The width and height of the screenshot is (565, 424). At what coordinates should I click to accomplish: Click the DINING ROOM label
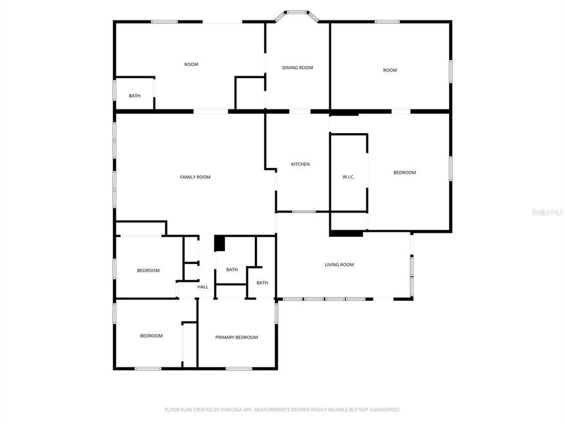[x=297, y=68]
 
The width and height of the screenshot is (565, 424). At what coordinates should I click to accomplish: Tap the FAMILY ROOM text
[x=195, y=177]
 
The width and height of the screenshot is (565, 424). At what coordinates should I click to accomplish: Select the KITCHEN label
[x=300, y=164]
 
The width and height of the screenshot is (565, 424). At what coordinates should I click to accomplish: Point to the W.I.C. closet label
[x=348, y=177]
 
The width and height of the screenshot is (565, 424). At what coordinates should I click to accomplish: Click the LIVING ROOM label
[x=339, y=265]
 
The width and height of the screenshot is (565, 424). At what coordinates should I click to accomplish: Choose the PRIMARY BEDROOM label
[x=236, y=337]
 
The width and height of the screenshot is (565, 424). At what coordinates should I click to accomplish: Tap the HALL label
[x=202, y=287]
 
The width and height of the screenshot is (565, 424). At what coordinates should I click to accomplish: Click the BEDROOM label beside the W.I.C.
[x=404, y=173]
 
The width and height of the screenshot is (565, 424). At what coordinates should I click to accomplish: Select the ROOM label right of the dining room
[x=390, y=70]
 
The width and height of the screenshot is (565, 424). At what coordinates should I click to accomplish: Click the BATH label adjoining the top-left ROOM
[x=135, y=96]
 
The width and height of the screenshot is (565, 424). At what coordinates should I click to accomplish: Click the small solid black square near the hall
[x=220, y=243]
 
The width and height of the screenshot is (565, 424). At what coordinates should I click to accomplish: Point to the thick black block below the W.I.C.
[x=346, y=234]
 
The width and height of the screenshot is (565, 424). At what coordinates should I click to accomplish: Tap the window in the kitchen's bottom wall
[x=304, y=211]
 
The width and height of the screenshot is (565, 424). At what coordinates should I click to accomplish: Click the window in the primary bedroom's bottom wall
[x=239, y=369]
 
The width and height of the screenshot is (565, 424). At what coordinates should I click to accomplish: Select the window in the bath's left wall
[x=114, y=93]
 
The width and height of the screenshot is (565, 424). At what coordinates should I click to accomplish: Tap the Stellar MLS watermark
[x=547, y=211]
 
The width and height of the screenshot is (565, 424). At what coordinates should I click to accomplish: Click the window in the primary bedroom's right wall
[x=276, y=312]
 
